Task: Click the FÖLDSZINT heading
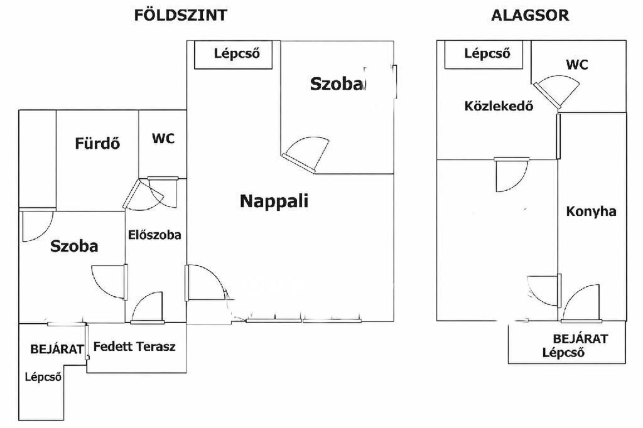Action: click(x=180, y=15)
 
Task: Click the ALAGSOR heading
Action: click(x=530, y=15)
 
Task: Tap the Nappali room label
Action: click(x=274, y=201)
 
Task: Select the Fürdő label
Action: click(x=97, y=143)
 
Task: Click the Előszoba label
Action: click(x=154, y=235)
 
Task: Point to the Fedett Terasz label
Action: click(x=134, y=346)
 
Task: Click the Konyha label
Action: click(x=591, y=211)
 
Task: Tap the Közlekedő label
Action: click(x=499, y=106)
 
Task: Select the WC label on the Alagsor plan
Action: click(x=577, y=65)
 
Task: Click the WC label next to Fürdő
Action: click(x=163, y=139)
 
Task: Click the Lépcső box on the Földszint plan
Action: click(x=233, y=54)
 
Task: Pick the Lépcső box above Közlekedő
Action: click(x=484, y=54)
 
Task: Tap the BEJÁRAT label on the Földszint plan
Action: click(x=57, y=350)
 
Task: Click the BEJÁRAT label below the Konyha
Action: click(x=580, y=339)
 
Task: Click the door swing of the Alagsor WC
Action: click(x=557, y=92)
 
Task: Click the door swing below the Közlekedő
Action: click(x=511, y=174)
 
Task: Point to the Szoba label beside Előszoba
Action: click(x=74, y=246)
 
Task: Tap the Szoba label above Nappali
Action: click(x=337, y=83)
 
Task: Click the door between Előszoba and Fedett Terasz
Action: click(x=147, y=308)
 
